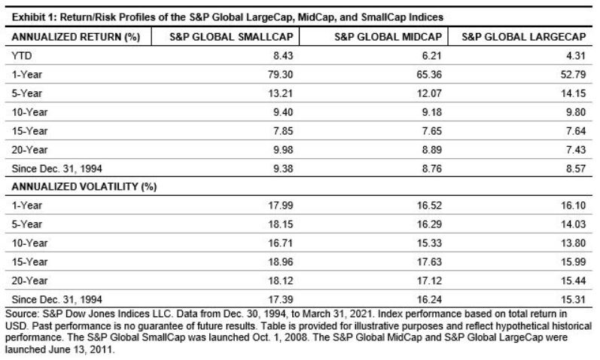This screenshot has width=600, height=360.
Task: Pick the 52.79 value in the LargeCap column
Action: click(576, 76)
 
